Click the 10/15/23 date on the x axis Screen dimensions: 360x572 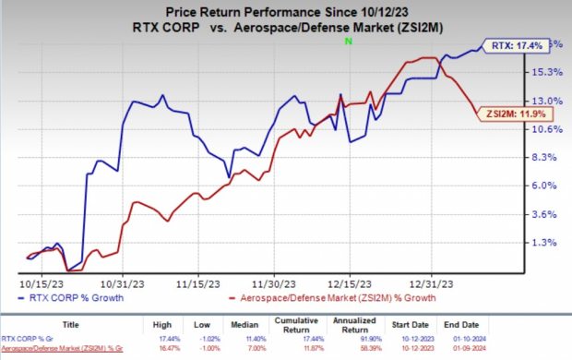[x=39, y=284]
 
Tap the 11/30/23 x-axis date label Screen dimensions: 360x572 [x=274, y=284]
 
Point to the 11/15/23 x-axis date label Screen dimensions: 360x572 [x=196, y=284]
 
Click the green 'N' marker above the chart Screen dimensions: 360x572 [x=348, y=42]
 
